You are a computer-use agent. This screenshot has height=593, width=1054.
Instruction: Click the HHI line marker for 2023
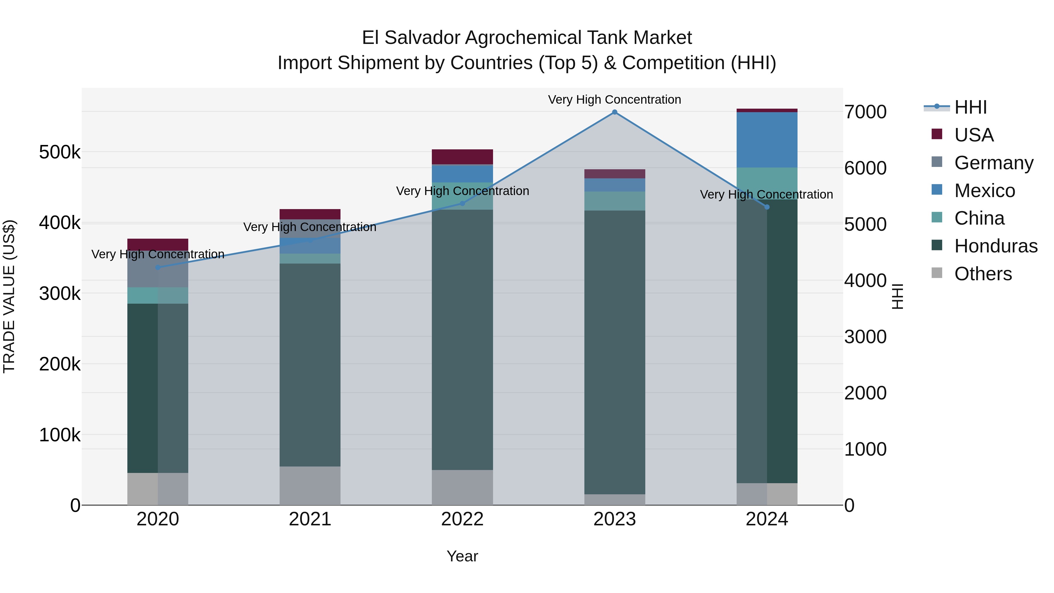pyautogui.click(x=614, y=112)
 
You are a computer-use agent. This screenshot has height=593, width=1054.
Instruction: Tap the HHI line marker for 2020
pyautogui.click(x=158, y=268)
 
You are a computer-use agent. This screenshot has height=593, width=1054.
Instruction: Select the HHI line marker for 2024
pyautogui.click(x=767, y=207)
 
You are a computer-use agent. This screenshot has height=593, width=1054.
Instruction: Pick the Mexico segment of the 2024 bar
pyautogui.click(x=767, y=140)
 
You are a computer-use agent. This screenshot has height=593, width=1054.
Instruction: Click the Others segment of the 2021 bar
pyautogui.click(x=310, y=486)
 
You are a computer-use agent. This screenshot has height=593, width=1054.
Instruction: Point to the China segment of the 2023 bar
pyautogui.click(x=614, y=201)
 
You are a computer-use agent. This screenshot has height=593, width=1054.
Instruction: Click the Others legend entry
pyautogui.click(x=983, y=274)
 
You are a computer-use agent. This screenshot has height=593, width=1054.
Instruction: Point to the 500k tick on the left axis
pyautogui.click(x=60, y=153)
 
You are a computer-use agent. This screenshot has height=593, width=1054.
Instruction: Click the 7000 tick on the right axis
pyautogui.click(x=865, y=112)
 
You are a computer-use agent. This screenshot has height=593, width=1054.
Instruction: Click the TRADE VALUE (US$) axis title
pyautogui.click(x=9, y=296)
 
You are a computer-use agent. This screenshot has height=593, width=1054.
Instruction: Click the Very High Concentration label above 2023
pyautogui.click(x=614, y=100)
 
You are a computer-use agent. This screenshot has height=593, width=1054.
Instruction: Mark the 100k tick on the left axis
pyautogui.click(x=60, y=435)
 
